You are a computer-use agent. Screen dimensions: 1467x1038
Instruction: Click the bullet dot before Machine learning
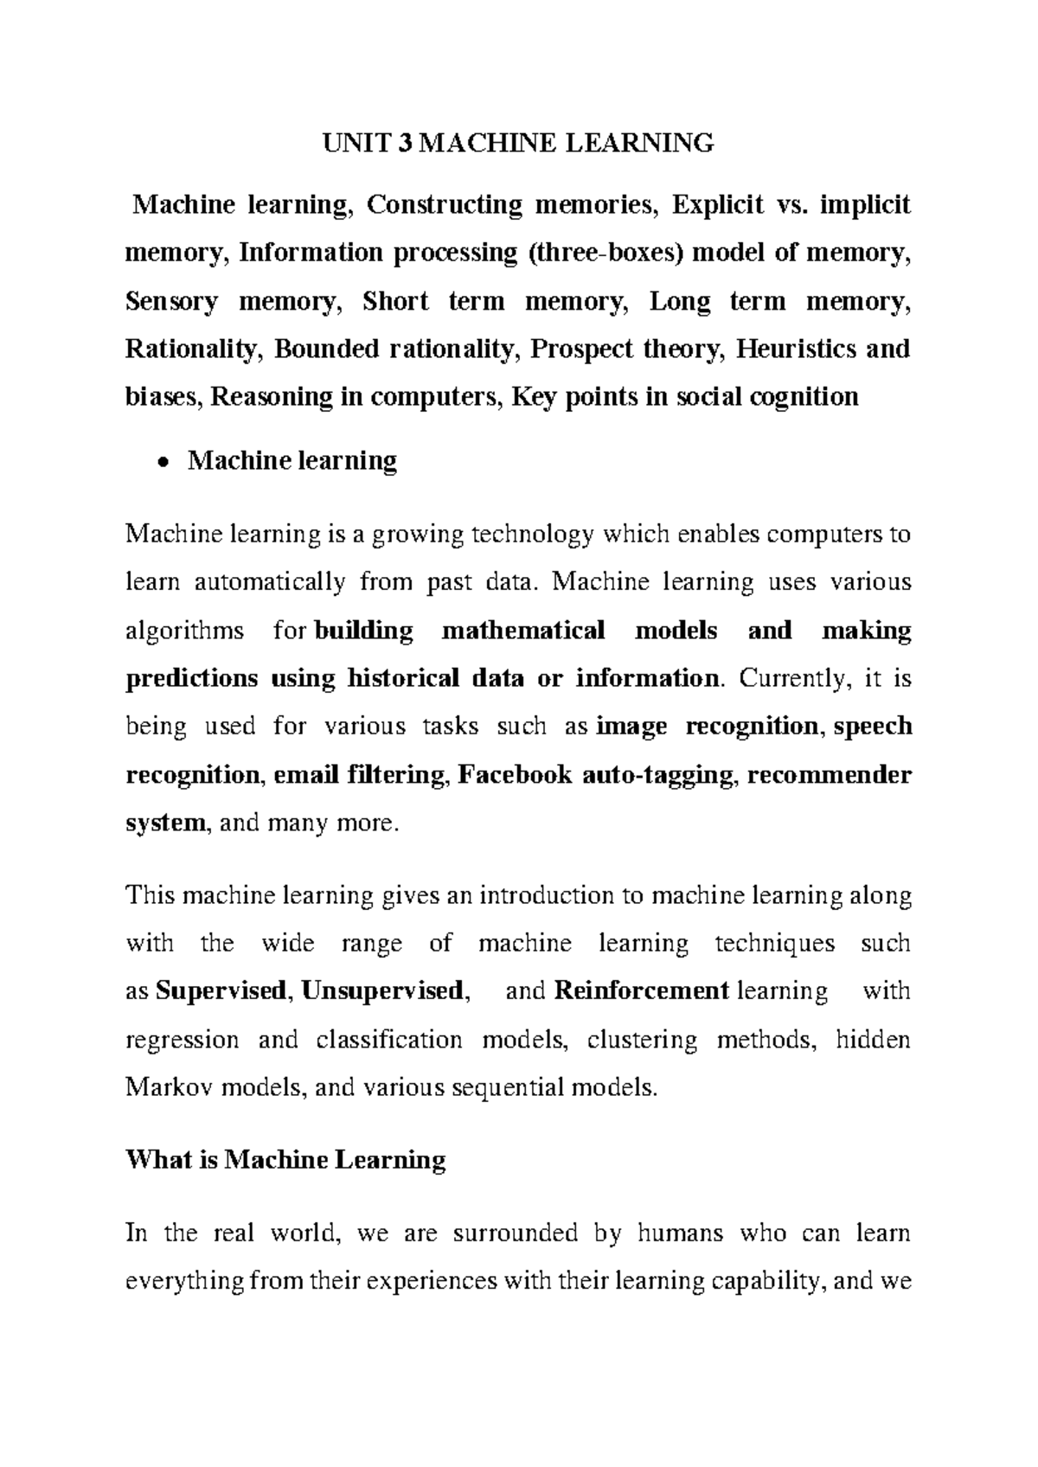[x=162, y=461]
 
